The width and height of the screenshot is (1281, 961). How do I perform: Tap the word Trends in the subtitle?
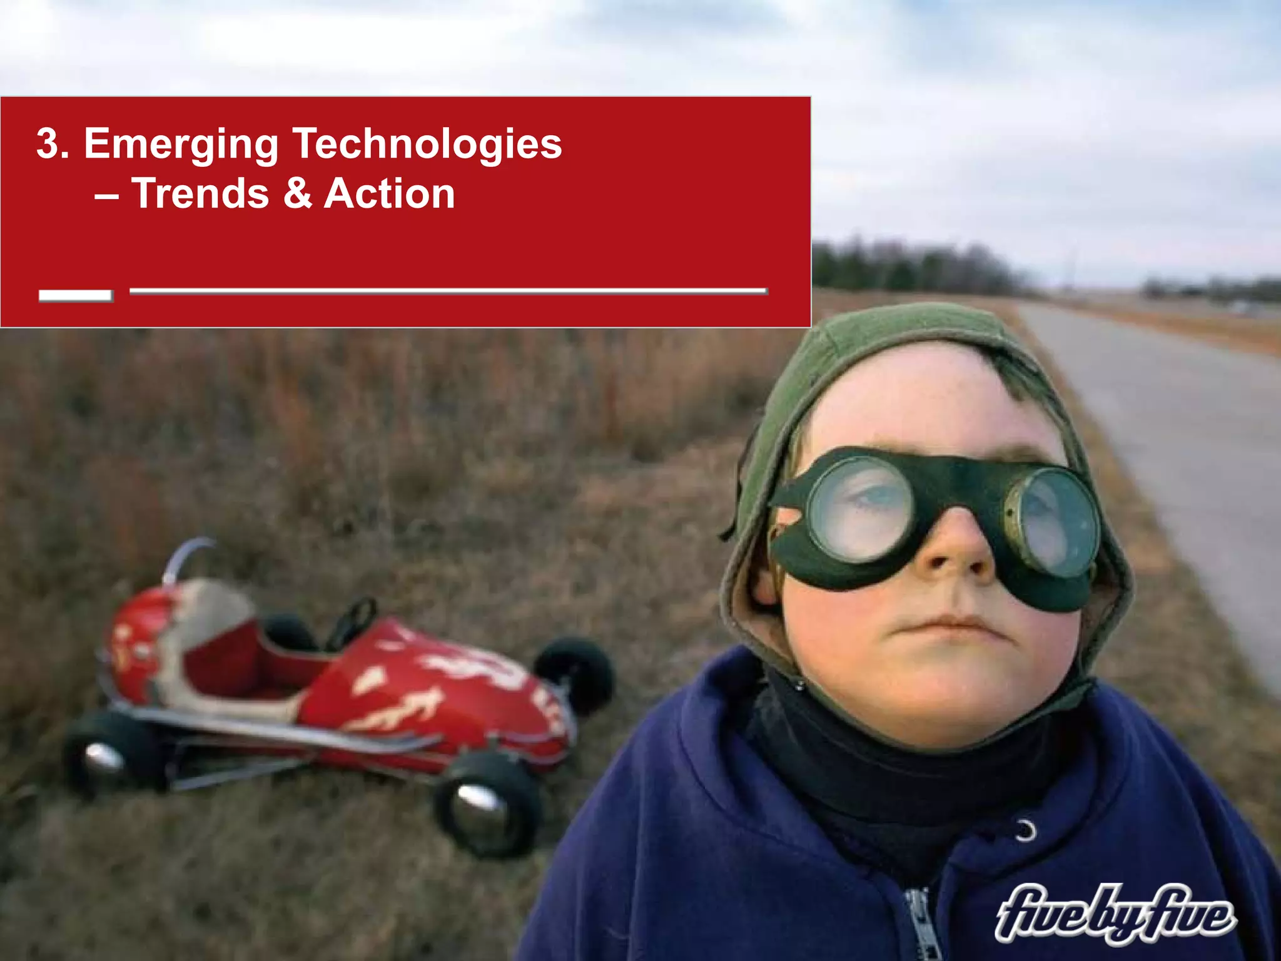[200, 193]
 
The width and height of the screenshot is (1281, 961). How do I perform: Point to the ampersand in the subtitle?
[297, 193]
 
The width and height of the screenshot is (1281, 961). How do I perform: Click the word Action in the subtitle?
[389, 193]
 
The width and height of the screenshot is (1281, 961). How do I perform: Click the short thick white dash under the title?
[75, 295]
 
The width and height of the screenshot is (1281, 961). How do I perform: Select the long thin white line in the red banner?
[447, 290]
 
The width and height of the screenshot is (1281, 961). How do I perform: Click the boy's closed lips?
[951, 626]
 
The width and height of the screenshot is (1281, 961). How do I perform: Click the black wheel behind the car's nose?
[575, 673]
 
